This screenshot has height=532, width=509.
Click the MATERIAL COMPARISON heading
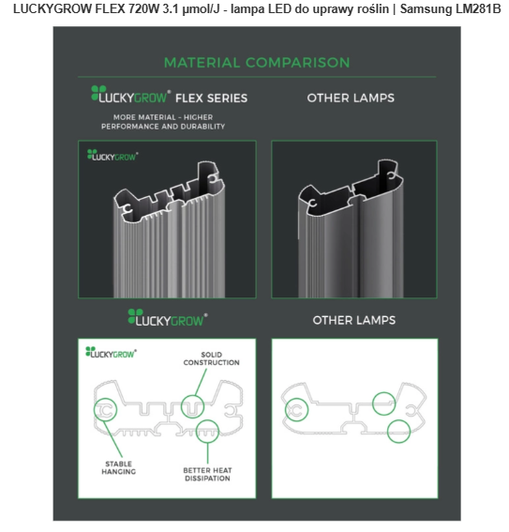pos(257,63)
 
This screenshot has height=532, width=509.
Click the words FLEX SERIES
pos(212,99)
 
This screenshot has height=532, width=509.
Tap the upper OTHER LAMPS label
pos(351,99)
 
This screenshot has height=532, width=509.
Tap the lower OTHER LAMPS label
pos(354,320)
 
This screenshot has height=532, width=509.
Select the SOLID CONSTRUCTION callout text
pos(212,358)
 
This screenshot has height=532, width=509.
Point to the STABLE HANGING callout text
pos(119,467)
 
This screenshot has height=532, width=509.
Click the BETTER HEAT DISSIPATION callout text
pos(207,475)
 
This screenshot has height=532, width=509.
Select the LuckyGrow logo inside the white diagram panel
pos(111,352)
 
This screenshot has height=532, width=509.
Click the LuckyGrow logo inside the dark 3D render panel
pos(112,155)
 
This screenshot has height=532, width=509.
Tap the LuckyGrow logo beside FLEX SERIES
pos(131,95)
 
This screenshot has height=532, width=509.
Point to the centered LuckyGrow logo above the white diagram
pos(168,317)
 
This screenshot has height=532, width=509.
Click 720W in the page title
pos(143,9)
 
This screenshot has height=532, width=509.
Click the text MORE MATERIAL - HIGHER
pos(163,117)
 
